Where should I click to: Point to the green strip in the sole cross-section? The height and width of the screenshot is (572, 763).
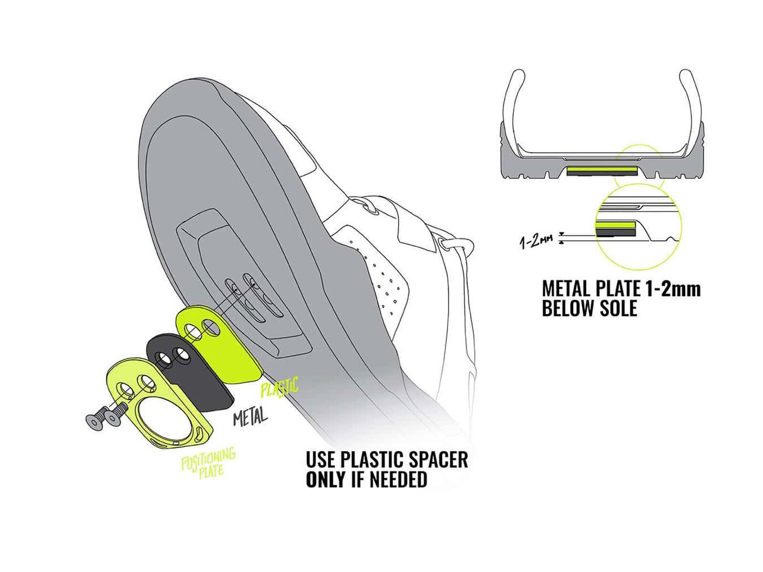(602, 169)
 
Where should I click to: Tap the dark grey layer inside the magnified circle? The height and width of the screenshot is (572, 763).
(615, 232)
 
